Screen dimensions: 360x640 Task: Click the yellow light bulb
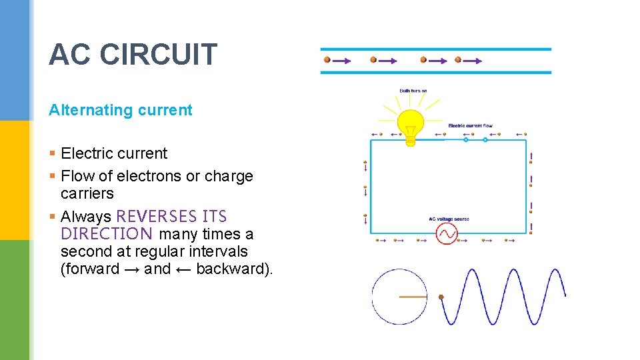[x=411, y=125]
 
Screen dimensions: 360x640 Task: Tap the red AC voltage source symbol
[x=446, y=233]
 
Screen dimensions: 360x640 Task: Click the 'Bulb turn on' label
[x=413, y=91]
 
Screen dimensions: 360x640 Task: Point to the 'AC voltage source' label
[x=449, y=219]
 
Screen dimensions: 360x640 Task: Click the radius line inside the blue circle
[x=413, y=296]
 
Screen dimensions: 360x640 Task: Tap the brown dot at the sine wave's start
[x=441, y=297]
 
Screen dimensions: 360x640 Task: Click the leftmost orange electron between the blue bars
[x=327, y=59]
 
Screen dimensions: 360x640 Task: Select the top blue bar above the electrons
[x=435, y=49]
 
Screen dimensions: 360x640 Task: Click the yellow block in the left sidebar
[x=15, y=180]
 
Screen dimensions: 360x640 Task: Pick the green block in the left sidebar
[x=15, y=300]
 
